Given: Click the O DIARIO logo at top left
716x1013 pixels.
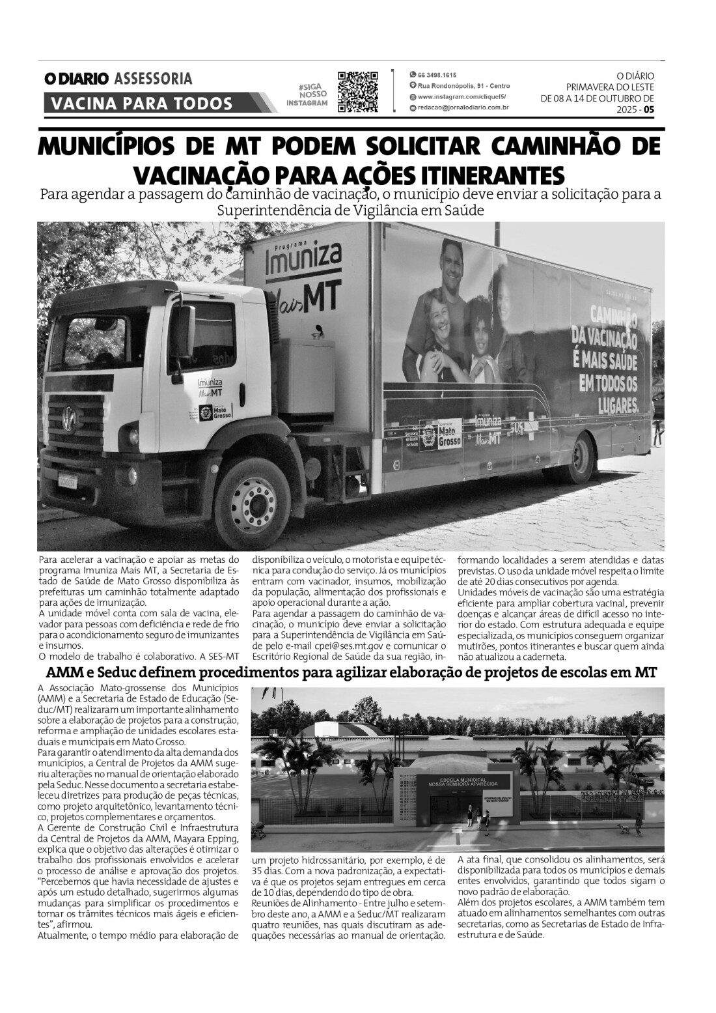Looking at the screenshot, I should [76, 79].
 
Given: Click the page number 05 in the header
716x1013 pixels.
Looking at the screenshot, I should [649, 110].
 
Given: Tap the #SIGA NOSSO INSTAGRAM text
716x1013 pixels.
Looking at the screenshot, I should [307, 95].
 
